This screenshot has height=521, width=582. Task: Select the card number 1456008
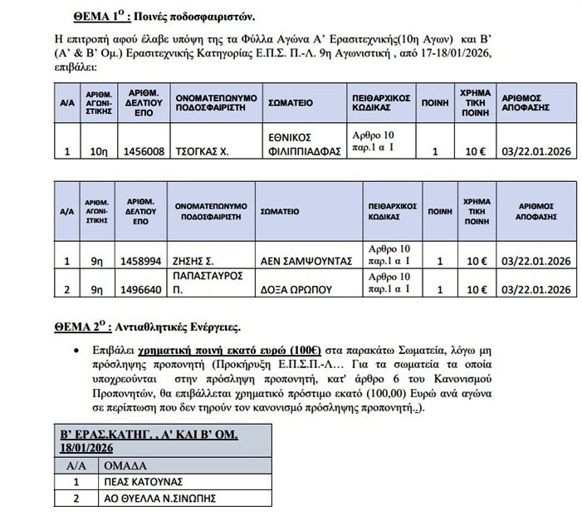click(144, 152)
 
